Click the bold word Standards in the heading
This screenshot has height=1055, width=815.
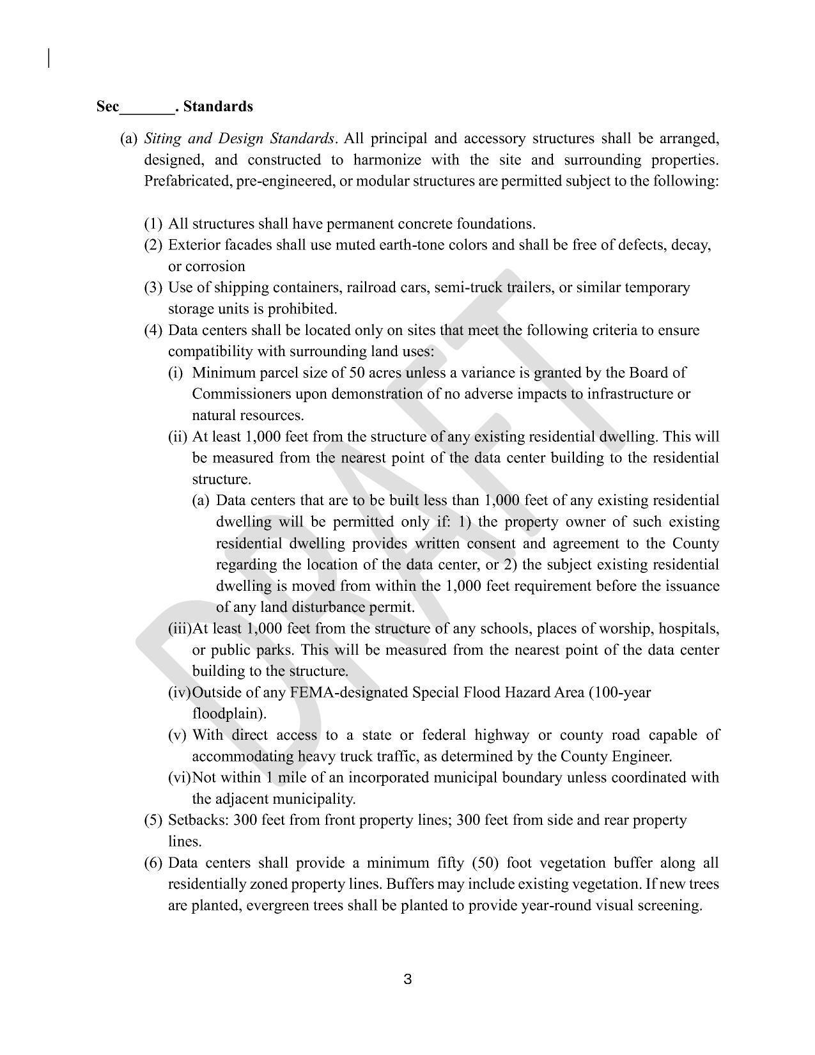[x=218, y=106]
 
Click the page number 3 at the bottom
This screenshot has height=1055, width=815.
[x=407, y=979]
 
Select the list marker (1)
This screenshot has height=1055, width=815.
[x=153, y=224]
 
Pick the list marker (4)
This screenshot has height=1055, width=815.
[x=153, y=331]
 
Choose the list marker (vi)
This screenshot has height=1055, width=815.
[x=178, y=778]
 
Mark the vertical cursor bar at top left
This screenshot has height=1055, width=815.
[x=49, y=58]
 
